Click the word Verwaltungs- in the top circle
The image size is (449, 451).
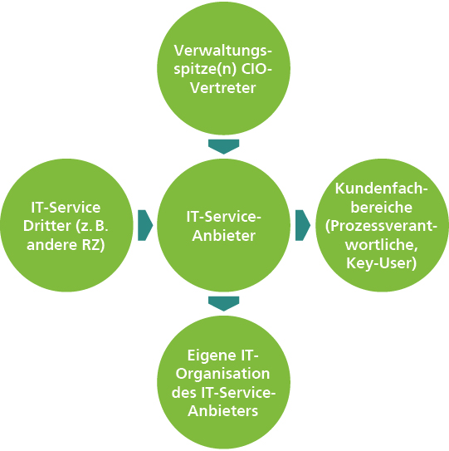click(x=225, y=49)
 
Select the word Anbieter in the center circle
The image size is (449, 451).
click(x=225, y=234)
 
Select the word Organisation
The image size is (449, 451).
click(x=225, y=376)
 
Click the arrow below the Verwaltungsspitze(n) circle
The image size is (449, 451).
click(x=224, y=146)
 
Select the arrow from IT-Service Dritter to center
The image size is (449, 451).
click(x=145, y=224)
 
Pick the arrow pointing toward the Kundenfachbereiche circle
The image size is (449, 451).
click(x=303, y=224)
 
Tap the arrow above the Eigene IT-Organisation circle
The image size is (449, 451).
click(x=224, y=303)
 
